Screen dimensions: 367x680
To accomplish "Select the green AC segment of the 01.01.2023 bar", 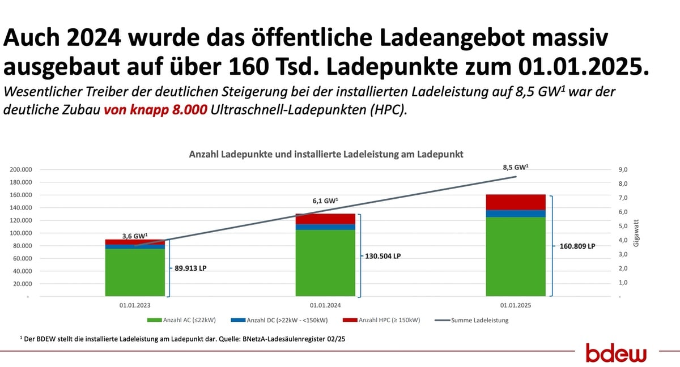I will [x=135, y=272].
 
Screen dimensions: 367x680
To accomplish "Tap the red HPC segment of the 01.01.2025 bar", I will [x=516, y=202].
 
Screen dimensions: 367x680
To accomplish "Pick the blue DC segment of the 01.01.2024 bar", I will [x=325, y=227].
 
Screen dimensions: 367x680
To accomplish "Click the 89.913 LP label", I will [x=191, y=268].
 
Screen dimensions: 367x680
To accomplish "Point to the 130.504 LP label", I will [x=381, y=256].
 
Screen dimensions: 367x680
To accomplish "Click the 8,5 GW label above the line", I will [x=516, y=168].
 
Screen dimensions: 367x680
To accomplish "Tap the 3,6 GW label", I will [x=135, y=236].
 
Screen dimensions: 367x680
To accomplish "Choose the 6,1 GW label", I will [x=325, y=200].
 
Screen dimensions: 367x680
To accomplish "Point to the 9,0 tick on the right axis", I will [x=623, y=169].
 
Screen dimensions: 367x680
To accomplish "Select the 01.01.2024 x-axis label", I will [x=325, y=305].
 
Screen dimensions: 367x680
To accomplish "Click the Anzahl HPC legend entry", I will [x=383, y=321].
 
